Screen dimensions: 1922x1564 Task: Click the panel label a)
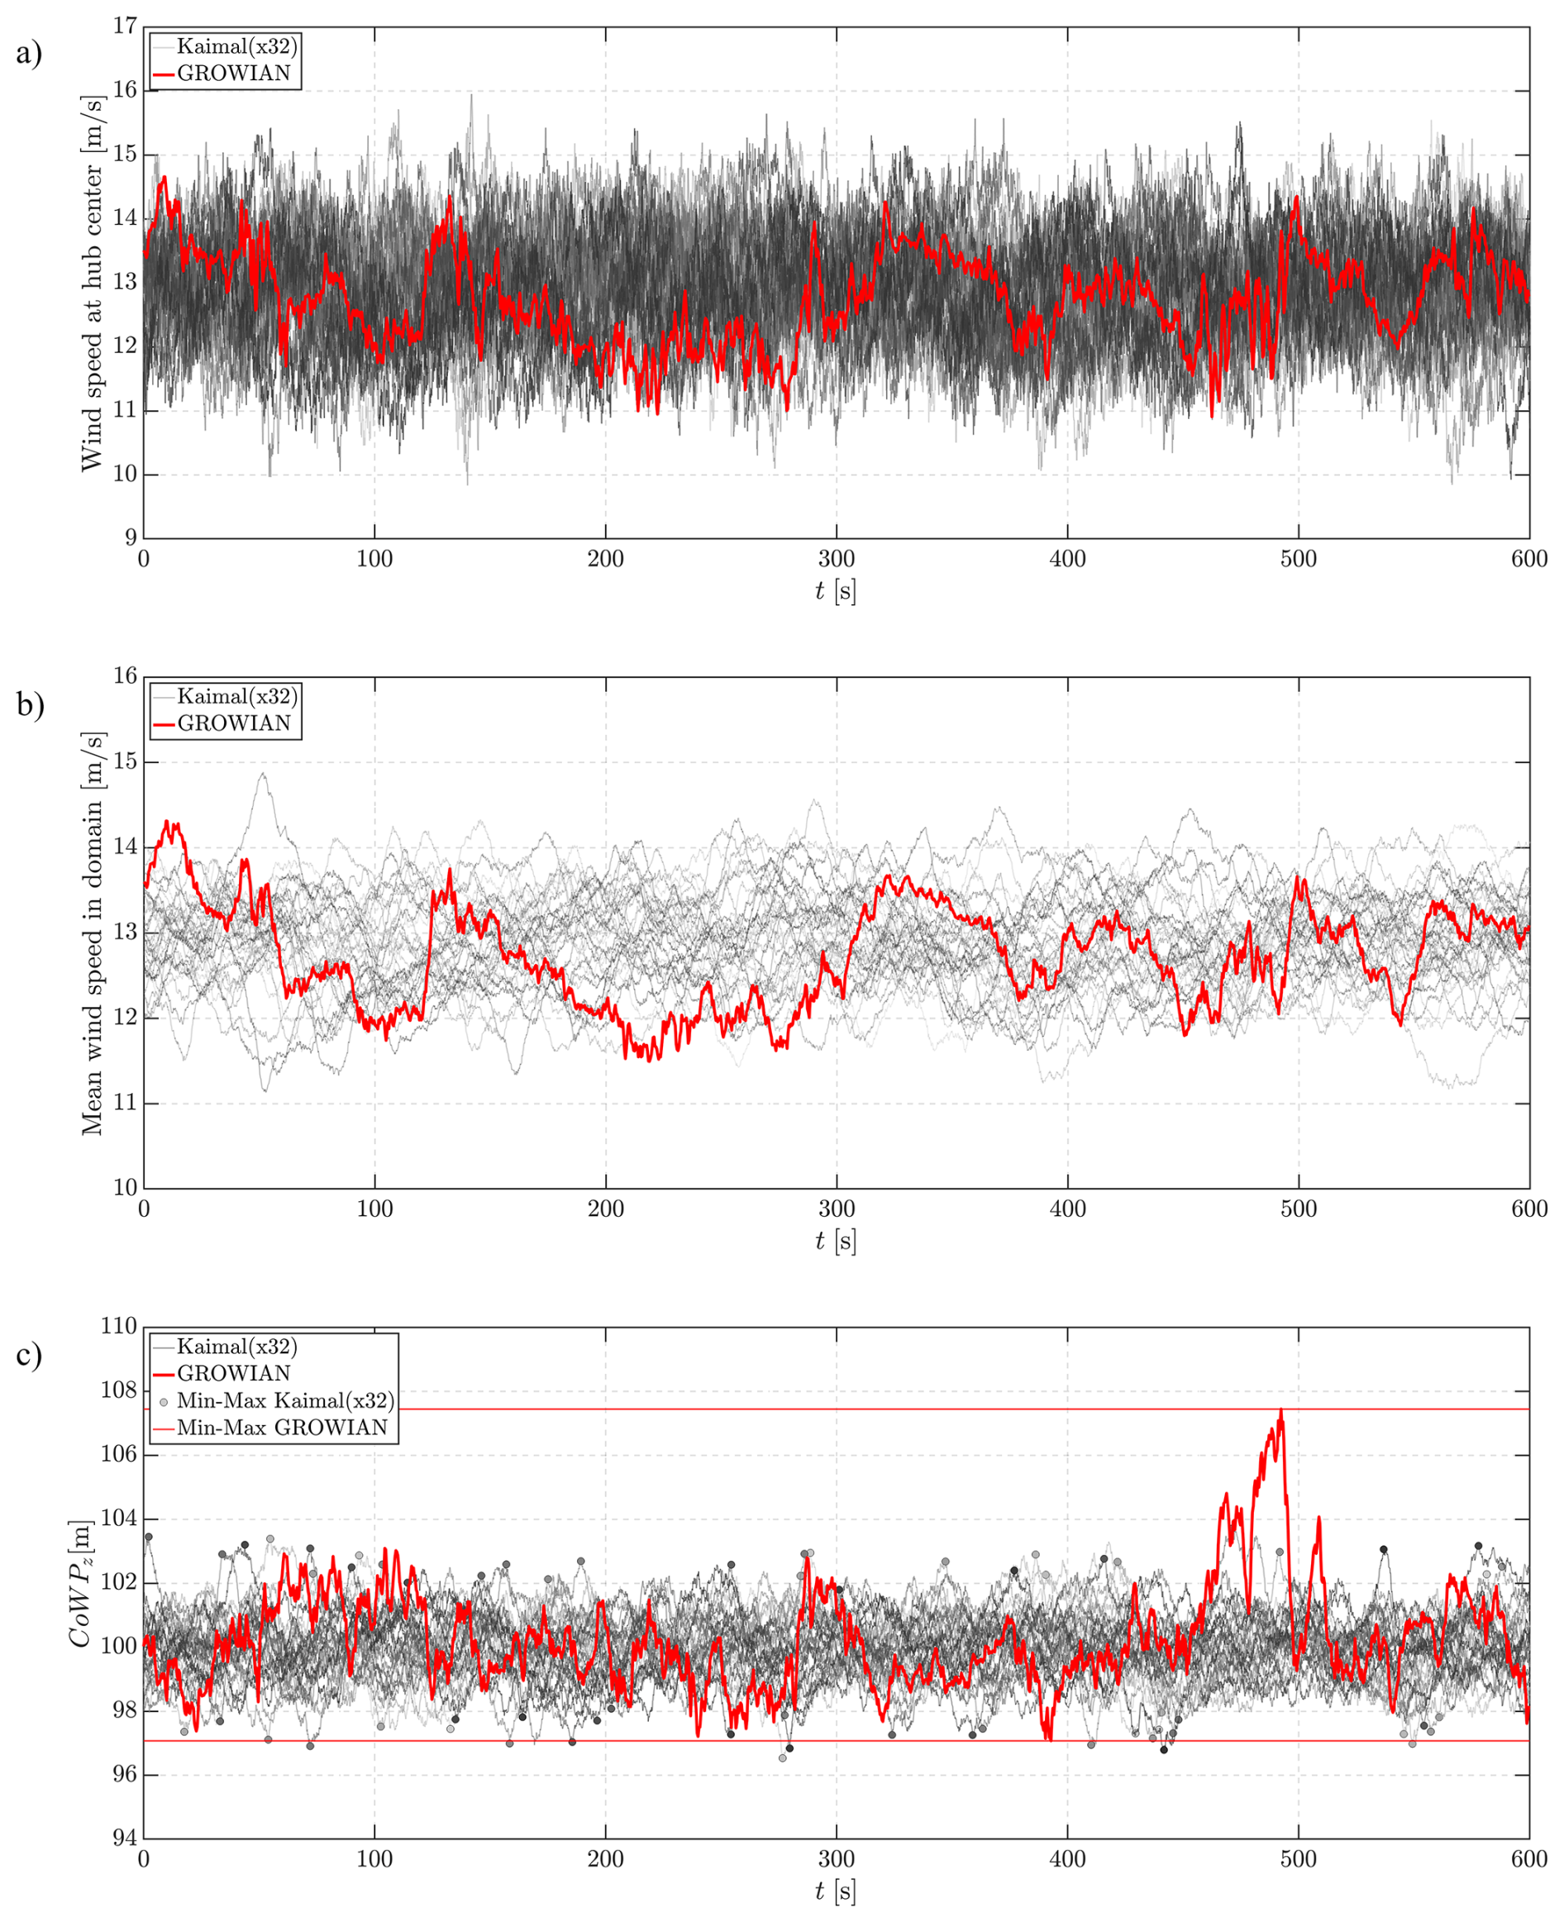pyautogui.click(x=29, y=54)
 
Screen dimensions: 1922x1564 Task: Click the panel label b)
pyautogui.click(x=29, y=703)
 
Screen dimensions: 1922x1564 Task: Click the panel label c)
pyautogui.click(x=29, y=1354)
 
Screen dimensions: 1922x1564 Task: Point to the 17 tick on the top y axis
pyautogui.click(x=125, y=26)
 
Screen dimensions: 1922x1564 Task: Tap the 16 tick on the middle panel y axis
pyautogui.click(x=125, y=676)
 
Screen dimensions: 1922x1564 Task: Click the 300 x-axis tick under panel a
pyautogui.click(x=836, y=559)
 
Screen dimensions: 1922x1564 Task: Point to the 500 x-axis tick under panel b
pyautogui.click(x=1298, y=1209)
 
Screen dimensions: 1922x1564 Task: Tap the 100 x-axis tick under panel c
pyautogui.click(x=374, y=1859)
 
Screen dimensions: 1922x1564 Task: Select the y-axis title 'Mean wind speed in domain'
pyautogui.click(x=92, y=932)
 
